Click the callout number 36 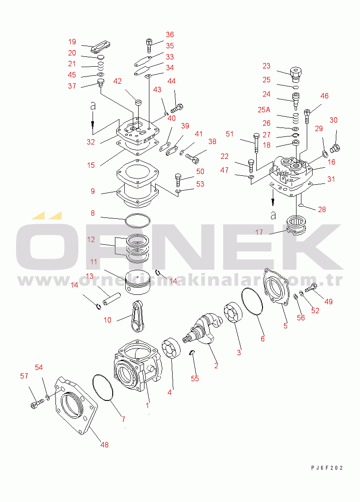coord(169,34)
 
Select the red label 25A coord(264,110)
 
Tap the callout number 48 coord(104,445)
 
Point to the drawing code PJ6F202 coord(327,468)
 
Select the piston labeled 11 coord(137,282)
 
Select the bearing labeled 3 coord(233,313)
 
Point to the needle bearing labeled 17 coord(296,225)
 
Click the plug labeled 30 coord(335,148)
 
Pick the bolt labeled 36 coord(149,46)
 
